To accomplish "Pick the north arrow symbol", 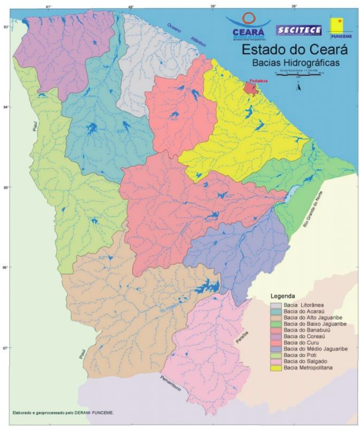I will click(299, 88).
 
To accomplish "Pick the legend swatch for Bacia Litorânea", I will click(276, 305).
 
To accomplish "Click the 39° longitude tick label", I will click(213, 7).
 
